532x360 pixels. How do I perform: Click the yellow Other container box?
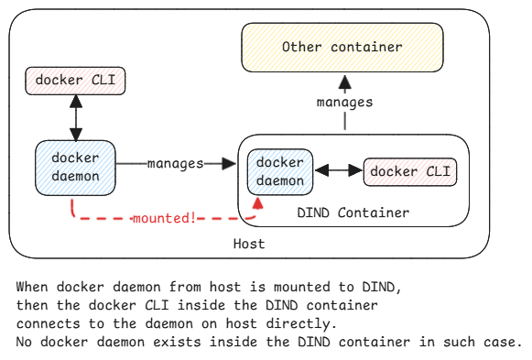tap(342, 48)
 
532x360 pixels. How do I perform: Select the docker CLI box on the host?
tap(75, 81)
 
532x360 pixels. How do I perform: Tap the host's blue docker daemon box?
tap(75, 167)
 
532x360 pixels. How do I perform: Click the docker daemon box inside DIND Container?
tap(280, 171)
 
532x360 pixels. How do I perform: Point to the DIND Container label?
tap(353, 213)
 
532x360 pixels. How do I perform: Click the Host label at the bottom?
tap(249, 244)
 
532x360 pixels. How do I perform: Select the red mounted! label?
tap(164, 219)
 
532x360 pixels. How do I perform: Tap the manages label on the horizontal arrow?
tap(174, 164)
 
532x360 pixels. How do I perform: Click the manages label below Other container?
tap(344, 102)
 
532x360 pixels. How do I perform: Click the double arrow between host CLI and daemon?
tap(75, 117)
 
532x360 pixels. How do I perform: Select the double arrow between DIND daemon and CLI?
tap(338, 171)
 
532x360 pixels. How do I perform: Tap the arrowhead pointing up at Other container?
tap(344, 80)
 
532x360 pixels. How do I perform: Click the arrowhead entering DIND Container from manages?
tap(229, 164)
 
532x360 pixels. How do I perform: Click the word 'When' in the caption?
tap(32, 287)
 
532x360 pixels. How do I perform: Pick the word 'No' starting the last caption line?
tap(24, 342)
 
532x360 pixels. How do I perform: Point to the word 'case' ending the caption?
tap(500, 342)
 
